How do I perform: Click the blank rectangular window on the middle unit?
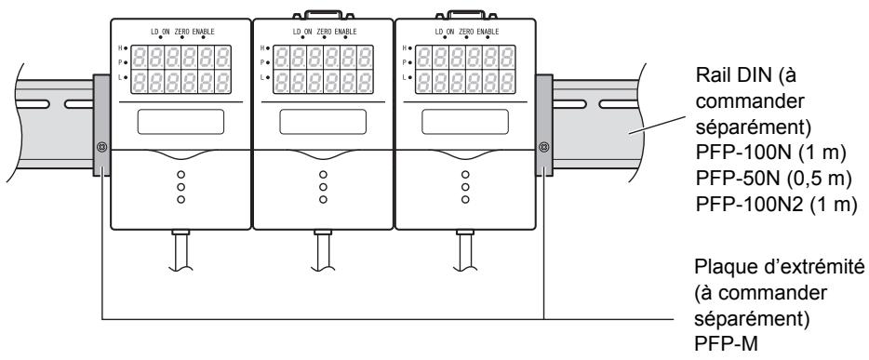[x=322, y=122]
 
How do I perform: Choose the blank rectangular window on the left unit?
[x=180, y=122]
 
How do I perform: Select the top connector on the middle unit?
[x=322, y=11]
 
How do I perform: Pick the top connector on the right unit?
[x=464, y=11]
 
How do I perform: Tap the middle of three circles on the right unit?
[x=464, y=186]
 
